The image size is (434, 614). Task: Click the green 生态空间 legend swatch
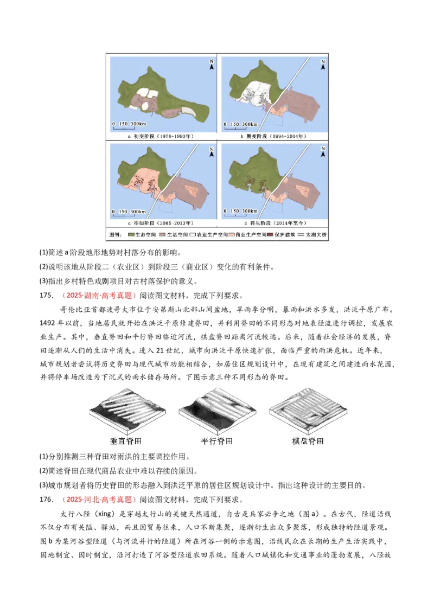(131, 235)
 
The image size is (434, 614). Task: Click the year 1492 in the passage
(48, 323)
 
